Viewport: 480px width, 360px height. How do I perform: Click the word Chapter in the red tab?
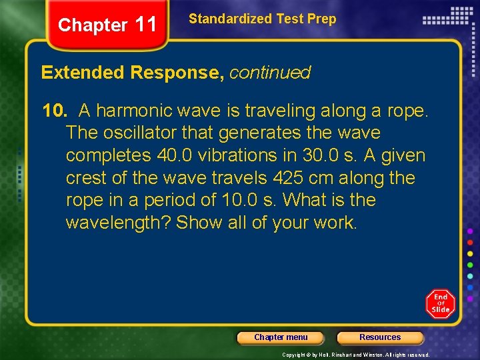tap(92, 25)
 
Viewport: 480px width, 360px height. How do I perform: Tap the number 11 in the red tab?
tap(145, 25)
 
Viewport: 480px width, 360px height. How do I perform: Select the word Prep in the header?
tap(321, 19)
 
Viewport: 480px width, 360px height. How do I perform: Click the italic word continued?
tap(270, 73)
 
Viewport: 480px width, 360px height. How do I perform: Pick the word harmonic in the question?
tap(132, 111)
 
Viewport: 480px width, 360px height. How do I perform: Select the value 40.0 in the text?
tap(175, 155)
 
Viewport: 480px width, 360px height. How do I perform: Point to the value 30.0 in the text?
tap(321, 155)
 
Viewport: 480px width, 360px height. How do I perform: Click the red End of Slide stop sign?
tap(441, 303)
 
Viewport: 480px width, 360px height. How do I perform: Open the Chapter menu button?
tap(281, 337)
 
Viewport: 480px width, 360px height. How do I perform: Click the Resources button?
tap(380, 337)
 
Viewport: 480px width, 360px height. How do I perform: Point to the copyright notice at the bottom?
tap(356, 355)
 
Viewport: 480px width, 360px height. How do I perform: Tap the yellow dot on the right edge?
tap(470, 253)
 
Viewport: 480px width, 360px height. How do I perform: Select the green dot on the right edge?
tap(470, 264)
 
